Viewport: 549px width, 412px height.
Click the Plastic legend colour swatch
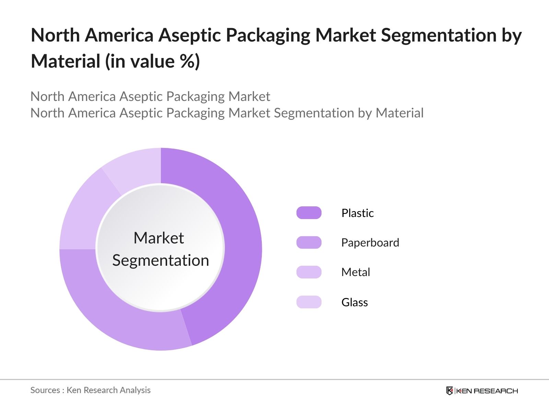309,213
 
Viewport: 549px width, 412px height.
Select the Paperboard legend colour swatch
309,242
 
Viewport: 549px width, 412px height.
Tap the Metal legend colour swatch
309,272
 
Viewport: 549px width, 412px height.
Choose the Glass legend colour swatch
309,302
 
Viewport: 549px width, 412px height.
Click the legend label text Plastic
357,213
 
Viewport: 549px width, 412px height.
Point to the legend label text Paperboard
370,243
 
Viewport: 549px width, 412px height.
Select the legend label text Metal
355,272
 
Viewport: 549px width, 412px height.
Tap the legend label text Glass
354,302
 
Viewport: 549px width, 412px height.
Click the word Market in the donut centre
159,238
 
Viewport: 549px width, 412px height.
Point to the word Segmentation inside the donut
161,260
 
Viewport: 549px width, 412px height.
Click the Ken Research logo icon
449,391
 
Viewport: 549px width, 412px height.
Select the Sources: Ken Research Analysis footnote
90,390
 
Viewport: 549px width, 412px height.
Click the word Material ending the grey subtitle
399,113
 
